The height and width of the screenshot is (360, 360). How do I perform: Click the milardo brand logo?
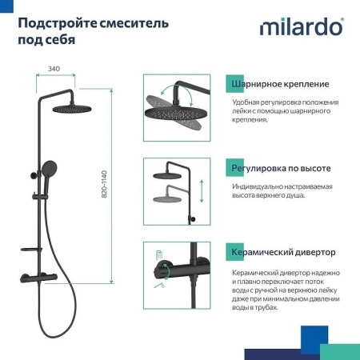(x=302, y=27)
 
